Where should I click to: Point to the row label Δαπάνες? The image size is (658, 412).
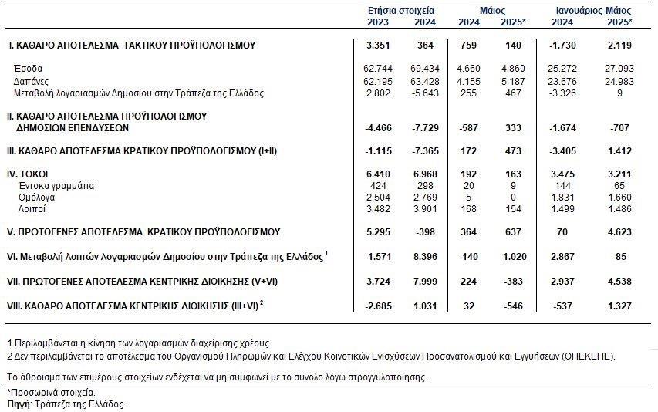click(x=31, y=81)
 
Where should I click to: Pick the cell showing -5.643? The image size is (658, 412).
click(x=423, y=93)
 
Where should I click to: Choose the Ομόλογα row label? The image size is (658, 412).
click(x=39, y=197)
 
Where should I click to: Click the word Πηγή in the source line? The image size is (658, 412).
click(x=18, y=404)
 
